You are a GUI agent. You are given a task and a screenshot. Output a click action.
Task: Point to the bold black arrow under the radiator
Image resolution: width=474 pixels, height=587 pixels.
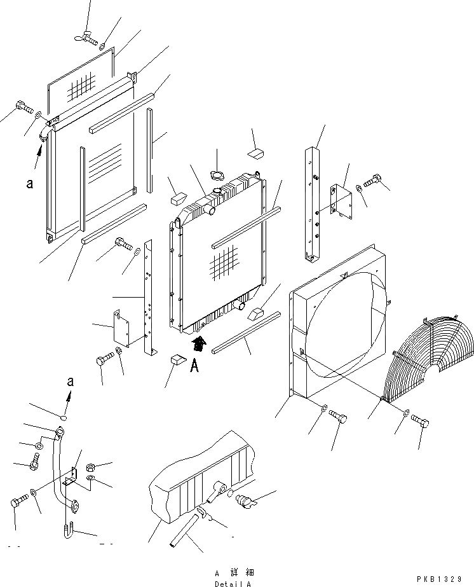point(199,345)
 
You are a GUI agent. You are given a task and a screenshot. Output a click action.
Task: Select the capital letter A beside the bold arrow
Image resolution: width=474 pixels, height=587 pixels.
point(195,367)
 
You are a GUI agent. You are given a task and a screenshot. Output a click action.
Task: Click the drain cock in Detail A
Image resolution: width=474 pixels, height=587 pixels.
point(247,501)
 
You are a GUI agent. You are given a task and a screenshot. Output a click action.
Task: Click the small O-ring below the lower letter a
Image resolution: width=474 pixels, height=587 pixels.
point(63,418)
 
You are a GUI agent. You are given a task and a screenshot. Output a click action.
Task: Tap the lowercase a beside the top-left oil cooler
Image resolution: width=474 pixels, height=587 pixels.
point(29,184)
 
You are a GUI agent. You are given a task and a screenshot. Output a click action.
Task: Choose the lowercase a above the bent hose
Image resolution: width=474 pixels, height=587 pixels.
point(71,382)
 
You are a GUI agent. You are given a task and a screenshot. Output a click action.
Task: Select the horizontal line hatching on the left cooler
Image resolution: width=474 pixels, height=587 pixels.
point(105,164)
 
